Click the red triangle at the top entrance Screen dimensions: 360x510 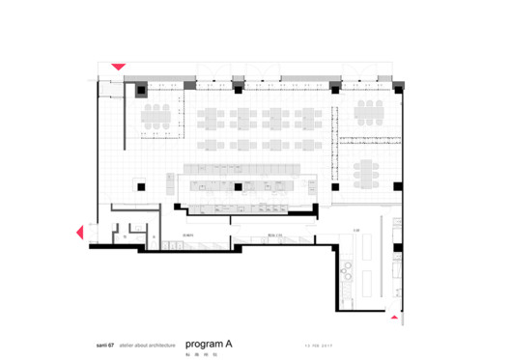pyautogui.click(x=117, y=67)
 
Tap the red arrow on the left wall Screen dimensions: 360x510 pyautogui.click(x=80, y=232)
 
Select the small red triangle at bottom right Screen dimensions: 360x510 pyautogui.click(x=394, y=314)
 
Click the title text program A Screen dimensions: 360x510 pyautogui.click(x=209, y=343)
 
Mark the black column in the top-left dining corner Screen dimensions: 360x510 pyautogui.click(x=142, y=93)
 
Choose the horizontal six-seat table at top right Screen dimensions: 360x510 pyautogui.click(x=370, y=114)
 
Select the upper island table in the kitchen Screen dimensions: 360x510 pyautogui.click(x=366, y=247)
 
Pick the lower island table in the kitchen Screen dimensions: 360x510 pyautogui.click(x=366, y=281)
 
